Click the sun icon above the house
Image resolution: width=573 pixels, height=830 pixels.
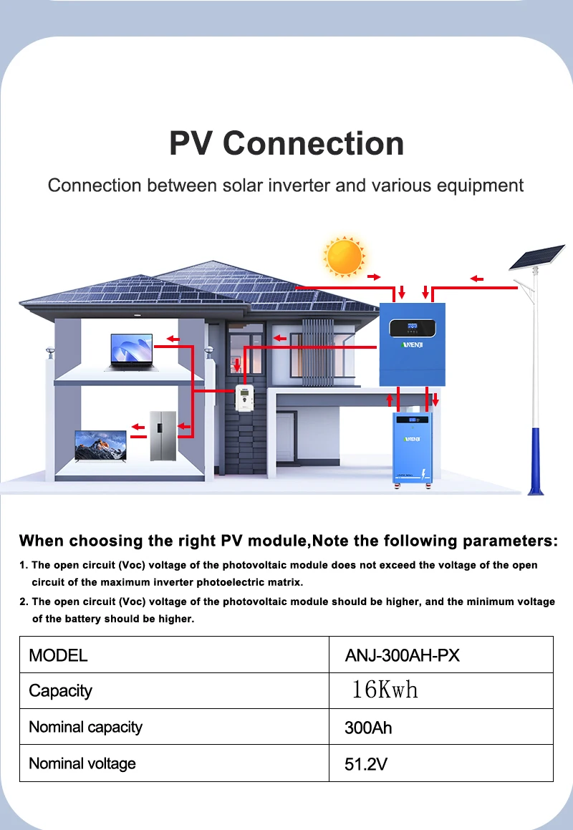click(345, 256)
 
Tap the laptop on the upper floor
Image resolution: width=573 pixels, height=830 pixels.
click(131, 352)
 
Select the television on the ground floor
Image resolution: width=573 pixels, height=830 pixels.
click(100, 446)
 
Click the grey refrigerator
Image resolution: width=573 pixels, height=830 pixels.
click(163, 435)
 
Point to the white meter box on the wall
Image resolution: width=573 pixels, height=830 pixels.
click(244, 398)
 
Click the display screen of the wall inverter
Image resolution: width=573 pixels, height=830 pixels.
click(413, 328)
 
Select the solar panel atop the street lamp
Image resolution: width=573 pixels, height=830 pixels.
click(536, 256)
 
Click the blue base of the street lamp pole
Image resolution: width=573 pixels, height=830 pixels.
click(536, 461)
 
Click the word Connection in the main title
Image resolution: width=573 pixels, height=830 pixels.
click(314, 143)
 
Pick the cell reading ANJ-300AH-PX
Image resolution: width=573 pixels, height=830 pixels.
click(403, 655)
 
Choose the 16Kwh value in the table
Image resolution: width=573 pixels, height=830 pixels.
click(385, 690)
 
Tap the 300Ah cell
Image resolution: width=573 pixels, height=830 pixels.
click(368, 728)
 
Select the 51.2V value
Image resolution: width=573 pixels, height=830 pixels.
click(366, 764)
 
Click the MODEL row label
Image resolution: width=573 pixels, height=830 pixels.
click(58, 655)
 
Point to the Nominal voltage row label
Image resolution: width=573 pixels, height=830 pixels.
click(82, 763)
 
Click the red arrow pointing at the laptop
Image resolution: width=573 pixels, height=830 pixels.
click(173, 339)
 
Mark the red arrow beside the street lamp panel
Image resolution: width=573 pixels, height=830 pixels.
click(477, 279)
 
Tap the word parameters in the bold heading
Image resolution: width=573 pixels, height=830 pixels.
click(510, 541)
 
